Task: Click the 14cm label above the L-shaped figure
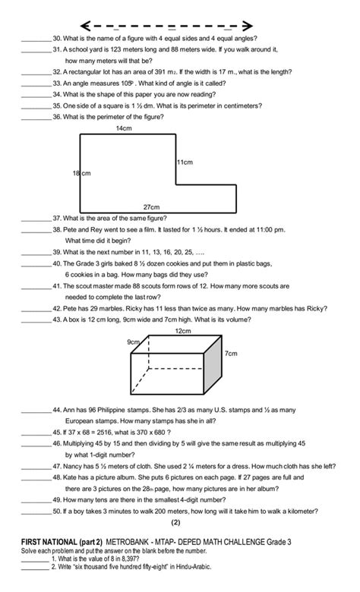tap(125, 128)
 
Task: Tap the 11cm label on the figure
tap(185, 162)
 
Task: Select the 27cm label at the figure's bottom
tap(151, 206)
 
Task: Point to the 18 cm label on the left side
tap(81, 174)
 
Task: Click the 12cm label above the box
tap(183, 331)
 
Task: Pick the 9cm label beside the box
tap(133, 342)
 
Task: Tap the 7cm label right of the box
tap(232, 354)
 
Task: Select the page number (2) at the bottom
tap(175, 522)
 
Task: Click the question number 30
tap(56, 38)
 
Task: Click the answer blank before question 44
tap(35, 409)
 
